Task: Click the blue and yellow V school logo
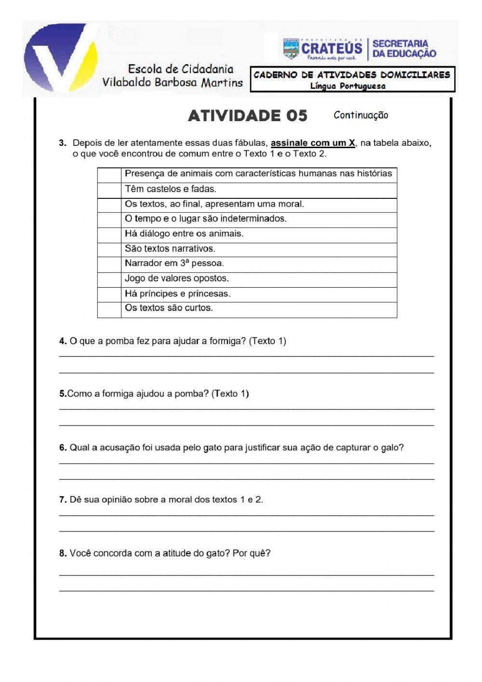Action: coord(60,58)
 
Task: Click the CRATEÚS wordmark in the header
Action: coord(331,48)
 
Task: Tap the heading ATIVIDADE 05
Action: coord(247,116)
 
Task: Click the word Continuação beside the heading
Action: coord(361,115)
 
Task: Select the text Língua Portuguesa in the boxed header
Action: coord(348,86)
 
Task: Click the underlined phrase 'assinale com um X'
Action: coord(313,143)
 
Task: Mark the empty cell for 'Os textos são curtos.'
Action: coord(109,309)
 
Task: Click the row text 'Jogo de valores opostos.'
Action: coord(176,278)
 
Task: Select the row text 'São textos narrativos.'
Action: coord(170,249)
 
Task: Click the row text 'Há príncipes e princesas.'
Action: coord(177,293)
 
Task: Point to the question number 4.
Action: coord(63,341)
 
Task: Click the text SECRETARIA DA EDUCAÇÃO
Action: coord(404,49)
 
